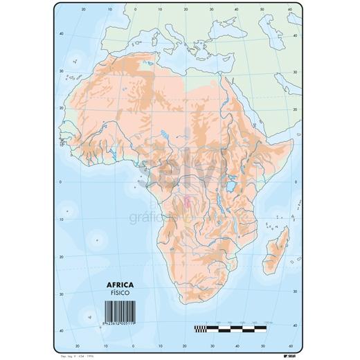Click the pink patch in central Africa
click(188, 201)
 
